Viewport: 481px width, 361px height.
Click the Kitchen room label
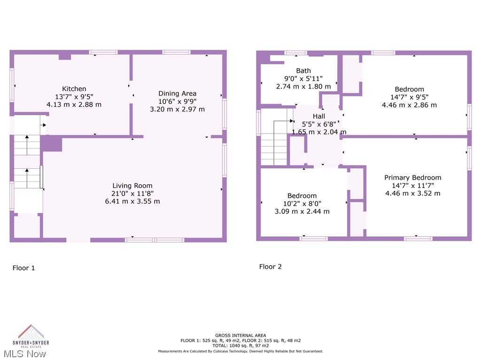[74, 88]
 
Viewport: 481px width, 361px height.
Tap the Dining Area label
[177, 93]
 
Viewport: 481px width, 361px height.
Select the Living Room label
[132, 185]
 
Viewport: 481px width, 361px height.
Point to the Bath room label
[303, 71]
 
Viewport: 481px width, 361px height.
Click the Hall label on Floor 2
[319, 116]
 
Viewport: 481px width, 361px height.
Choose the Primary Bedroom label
[412, 177]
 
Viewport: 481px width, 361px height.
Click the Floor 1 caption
[23, 268]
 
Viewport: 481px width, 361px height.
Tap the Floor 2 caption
[271, 267]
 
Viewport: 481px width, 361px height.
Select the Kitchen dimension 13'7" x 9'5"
[74, 96]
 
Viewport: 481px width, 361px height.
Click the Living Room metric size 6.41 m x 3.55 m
[132, 201]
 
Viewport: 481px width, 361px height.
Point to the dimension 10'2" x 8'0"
[302, 204]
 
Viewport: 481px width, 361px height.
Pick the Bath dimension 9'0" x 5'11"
[303, 78]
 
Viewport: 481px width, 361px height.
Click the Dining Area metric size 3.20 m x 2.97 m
[177, 109]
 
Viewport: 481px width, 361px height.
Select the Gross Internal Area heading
[240, 335]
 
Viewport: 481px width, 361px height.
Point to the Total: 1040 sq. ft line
[240, 345]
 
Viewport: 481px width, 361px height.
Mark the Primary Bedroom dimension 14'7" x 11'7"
[412, 185]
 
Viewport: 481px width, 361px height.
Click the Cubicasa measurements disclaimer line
[240, 351]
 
